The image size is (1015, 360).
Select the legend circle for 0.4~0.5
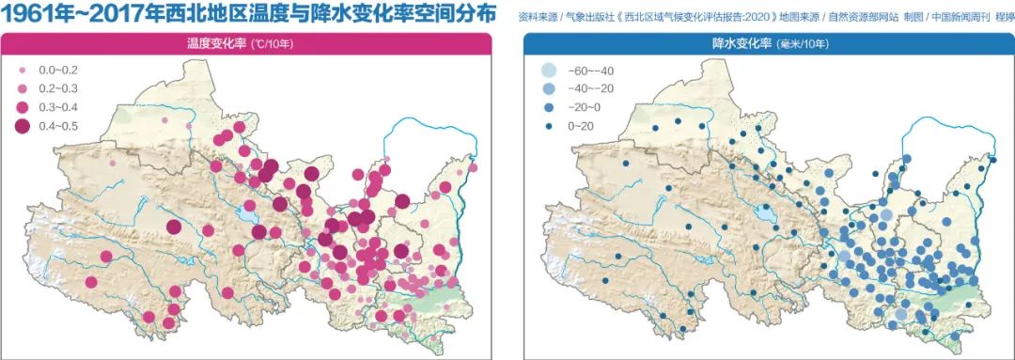pos(23,127)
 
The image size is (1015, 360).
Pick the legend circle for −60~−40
pos(548,71)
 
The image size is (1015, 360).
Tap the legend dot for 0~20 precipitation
pos(548,127)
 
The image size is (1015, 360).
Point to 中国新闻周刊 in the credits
pos(949,17)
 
